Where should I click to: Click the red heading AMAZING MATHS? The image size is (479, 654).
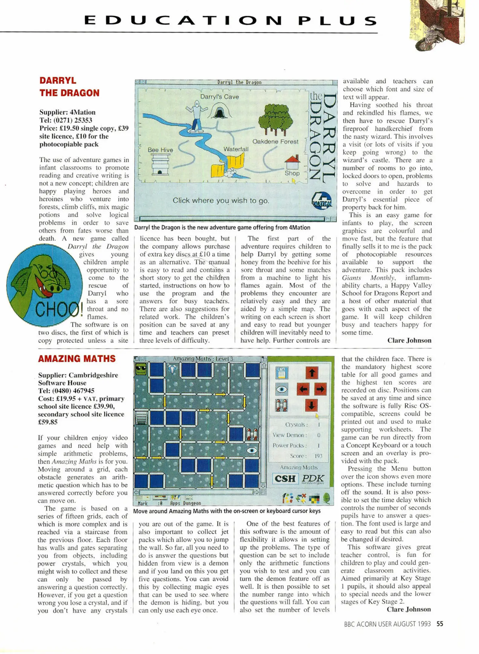pyautogui.click(x=77, y=359)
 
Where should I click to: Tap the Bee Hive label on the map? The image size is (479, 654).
pyautogui.click(x=160, y=150)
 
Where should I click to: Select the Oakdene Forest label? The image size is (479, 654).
pyautogui.click(x=275, y=141)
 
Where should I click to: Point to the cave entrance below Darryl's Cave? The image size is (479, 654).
pyautogui.click(x=219, y=113)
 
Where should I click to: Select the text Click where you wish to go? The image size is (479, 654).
pyautogui.click(x=221, y=200)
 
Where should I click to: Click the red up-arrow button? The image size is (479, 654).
pyautogui.click(x=312, y=373)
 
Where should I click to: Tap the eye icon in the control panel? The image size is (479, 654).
pyautogui.click(x=282, y=389)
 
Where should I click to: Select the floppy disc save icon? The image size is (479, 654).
pyautogui.click(x=282, y=373)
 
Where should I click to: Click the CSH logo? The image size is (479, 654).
pyautogui.click(x=285, y=479)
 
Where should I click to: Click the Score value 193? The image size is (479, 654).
pyautogui.click(x=318, y=456)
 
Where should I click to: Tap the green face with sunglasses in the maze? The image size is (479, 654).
pyautogui.click(x=141, y=369)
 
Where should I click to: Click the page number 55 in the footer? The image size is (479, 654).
pyautogui.click(x=440, y=624)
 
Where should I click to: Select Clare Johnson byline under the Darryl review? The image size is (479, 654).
pyautogui.click(x=409, y=340)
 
